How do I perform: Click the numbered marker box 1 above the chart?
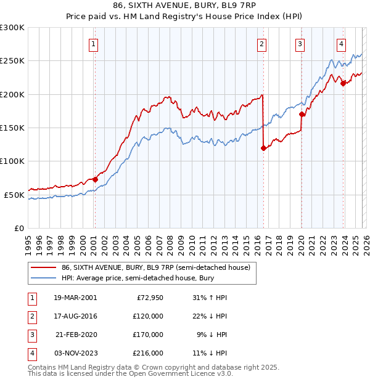coord(94,44)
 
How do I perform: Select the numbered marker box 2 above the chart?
coord(262,44)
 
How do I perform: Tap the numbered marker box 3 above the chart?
coord(300,44)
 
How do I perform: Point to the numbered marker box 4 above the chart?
coord(341,44)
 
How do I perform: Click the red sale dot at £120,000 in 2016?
coord(263,148)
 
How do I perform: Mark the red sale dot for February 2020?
coord(302,115)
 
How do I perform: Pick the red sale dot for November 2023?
coord(343,84)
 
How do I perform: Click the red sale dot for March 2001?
coord(95,179)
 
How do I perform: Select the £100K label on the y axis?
coord(12,161)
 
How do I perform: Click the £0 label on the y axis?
coord(18,228)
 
